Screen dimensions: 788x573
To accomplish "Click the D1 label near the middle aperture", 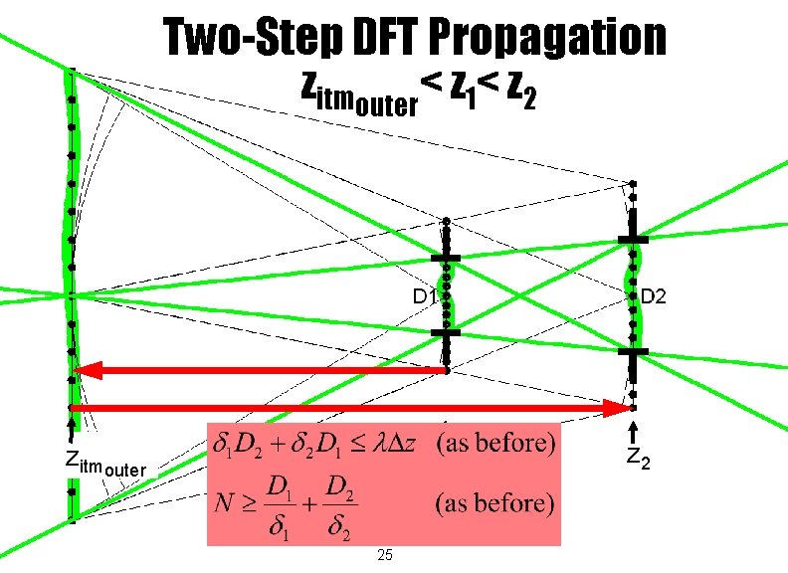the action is coord(425,296).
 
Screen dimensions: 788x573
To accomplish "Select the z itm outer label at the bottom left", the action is coord(103,463).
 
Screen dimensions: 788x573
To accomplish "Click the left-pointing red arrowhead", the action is coord(88,371).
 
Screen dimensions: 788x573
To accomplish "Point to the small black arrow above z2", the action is coord(633,434).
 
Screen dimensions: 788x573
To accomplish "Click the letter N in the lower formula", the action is coord(225,503).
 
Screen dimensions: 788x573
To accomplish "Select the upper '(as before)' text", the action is coord(495,442).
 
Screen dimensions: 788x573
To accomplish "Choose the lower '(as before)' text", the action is coord(495,503).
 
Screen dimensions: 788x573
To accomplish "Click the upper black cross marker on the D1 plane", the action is coord(446,258).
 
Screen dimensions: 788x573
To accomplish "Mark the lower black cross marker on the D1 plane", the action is coord(446,333).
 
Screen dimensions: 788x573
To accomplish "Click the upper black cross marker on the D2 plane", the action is coord(632,240).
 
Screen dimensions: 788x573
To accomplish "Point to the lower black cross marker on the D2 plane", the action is coord(632,351).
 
